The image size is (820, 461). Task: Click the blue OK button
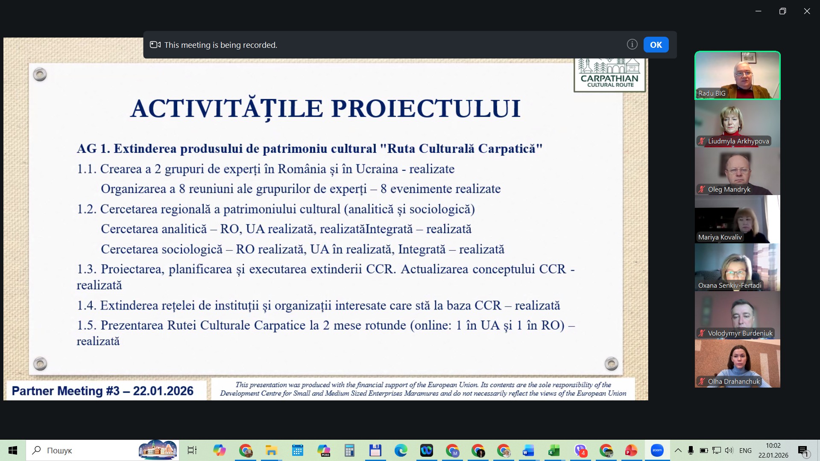pyautogui.click(x=656, y=45)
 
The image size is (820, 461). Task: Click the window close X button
pyautogui.click(x=807, y=12)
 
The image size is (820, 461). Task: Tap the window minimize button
pyautogui.click(x=758, y=12)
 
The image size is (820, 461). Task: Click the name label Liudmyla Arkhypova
pyautogui.click(x=738, y=141)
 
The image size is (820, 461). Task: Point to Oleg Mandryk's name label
pyautogui.click(x=729, y=190)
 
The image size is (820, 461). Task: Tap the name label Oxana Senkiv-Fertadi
pyautogui.click(x=729, y=286)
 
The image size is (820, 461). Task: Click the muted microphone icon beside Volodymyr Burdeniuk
pyautogui.click(x=701, y=333)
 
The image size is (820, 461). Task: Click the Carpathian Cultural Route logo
pyautogui.click(x=609, y=75)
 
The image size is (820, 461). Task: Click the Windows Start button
pyautogui.click(x=13, y=450)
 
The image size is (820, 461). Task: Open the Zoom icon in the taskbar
pyautogui.click(x=657, y=450)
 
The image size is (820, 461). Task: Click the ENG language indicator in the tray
pyautogui.click(x=745, y=450)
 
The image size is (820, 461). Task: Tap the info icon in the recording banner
pyautogui.click(x=632, y=44)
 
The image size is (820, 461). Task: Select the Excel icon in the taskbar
pyautogui.click(x=554, y=450)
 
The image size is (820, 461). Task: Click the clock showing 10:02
pyautogui.click(x=773, y=446)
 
